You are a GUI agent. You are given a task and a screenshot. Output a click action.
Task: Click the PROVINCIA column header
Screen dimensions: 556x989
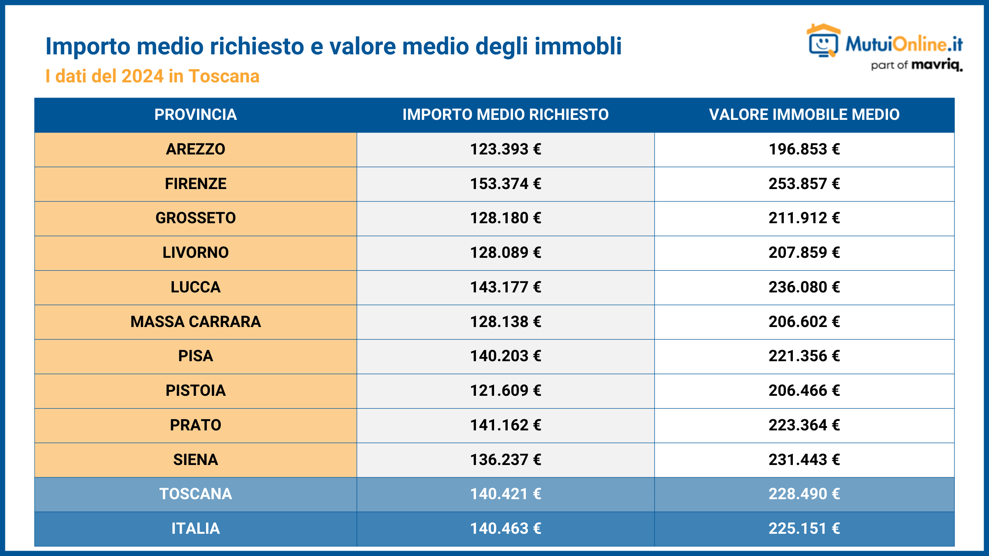[x=195, y=114]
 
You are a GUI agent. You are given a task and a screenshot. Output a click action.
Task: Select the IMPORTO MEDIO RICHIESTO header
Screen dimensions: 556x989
[x=505, y=114]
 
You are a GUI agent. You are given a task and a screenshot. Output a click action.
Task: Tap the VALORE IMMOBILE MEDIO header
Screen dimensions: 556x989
[x=804, y=114]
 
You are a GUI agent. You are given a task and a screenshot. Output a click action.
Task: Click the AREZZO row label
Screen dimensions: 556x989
[x=195, y=149]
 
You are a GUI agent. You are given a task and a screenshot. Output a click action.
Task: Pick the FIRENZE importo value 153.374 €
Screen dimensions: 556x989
[x=505, y=184]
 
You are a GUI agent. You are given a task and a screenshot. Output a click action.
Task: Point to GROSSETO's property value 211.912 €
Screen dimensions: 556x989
[x=804, y=218]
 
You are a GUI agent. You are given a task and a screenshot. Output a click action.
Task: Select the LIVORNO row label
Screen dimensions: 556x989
[x=195, y=252]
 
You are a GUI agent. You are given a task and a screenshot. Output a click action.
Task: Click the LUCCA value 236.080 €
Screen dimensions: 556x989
[x=804, y=287]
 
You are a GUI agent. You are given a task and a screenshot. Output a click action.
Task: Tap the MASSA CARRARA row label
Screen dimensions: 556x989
[x=195, y=322]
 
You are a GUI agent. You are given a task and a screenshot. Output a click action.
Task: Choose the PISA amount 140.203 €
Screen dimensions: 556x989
[x=505, y=356]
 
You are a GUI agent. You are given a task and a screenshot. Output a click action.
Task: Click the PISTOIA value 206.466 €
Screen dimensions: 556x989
[x=804, y=390]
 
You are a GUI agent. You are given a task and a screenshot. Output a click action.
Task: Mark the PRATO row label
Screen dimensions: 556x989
[x=195, y=425]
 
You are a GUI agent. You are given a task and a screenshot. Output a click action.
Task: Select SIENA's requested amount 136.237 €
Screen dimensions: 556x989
[x=505, y=460]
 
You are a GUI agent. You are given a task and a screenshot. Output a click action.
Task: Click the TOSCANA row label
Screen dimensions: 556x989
[x=195, y=494]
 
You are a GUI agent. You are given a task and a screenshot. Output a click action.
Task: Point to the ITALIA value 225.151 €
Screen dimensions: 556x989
[x=804, y=528]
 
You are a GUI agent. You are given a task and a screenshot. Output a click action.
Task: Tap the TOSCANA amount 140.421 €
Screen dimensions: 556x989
[x=505, y=494]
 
